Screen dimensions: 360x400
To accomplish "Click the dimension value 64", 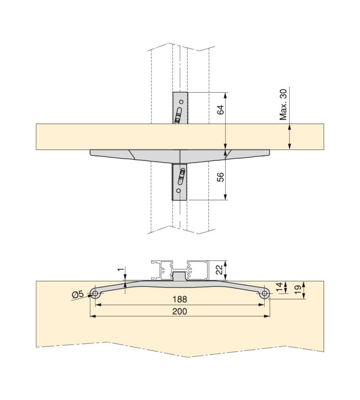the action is [221, 110].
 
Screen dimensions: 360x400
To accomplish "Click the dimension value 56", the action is [221, 177].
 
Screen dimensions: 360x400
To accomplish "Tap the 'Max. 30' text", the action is [283, 104].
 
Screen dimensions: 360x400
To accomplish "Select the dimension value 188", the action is [180, 299].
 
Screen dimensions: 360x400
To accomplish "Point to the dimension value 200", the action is [180, 311].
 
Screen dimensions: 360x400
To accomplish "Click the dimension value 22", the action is [220, 269].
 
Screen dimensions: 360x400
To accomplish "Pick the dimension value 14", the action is [280, 287].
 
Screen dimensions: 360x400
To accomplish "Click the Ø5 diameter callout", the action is [78, 294].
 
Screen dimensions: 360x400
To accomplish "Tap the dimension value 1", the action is [122, 269].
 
